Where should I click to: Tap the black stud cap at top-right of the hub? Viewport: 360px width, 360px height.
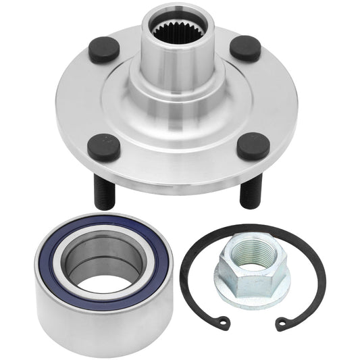tap(245, 48)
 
